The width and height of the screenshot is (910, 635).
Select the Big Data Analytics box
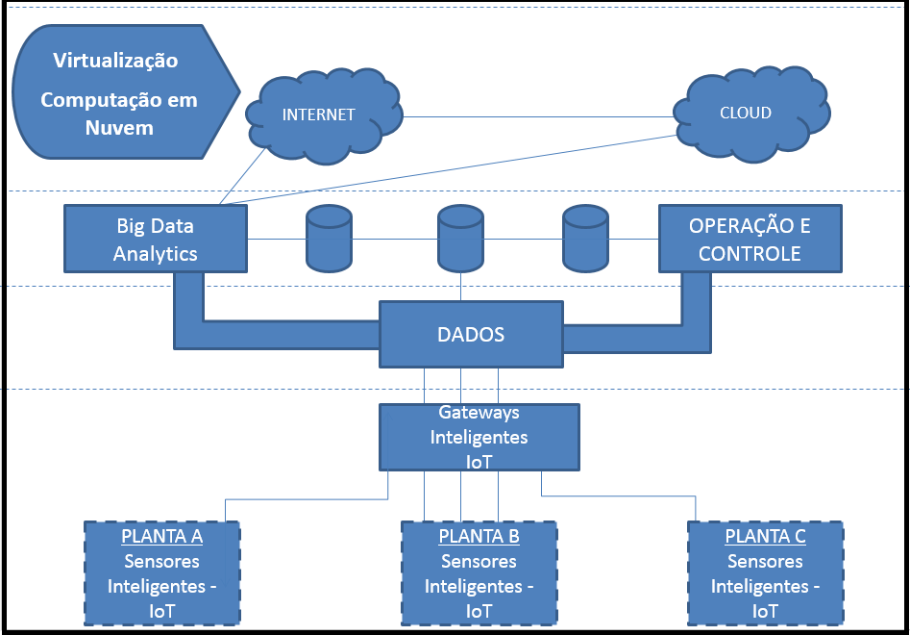pos(155,240)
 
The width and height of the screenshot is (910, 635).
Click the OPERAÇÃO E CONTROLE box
pos(750,240)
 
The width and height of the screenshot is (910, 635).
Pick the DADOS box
pos(471,335)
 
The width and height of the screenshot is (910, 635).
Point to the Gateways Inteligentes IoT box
pos(479,437)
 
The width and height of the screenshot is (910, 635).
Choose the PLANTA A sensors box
pos(161,572)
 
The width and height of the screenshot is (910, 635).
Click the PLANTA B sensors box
pos(479,572)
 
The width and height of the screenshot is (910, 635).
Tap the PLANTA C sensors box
pos(765,572)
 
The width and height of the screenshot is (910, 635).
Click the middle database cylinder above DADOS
pos(460,239)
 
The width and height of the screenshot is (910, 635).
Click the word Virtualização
pos(116,61)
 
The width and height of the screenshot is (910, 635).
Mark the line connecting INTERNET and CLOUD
pos(538,116)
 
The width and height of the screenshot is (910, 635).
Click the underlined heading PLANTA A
pos(161,536)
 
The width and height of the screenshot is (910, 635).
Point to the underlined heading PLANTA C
pos(765,536)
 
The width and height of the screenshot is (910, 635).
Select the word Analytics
pos(155,254)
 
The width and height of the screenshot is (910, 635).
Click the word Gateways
pos(479,413)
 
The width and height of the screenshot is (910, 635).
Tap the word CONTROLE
pos(750,254)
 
